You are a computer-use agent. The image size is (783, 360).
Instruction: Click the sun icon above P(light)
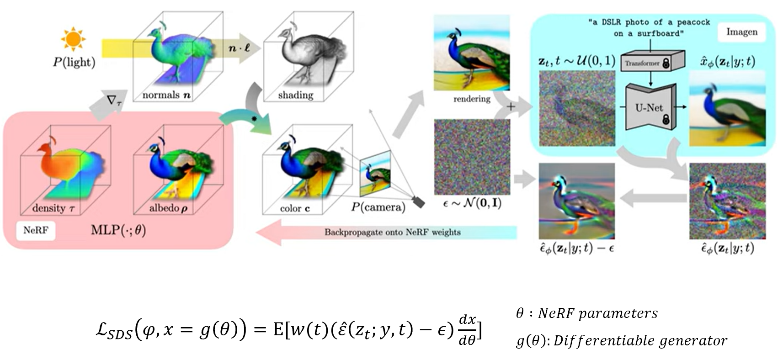click(73, 39)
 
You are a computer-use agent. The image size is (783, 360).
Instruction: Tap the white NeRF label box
click(36, 230)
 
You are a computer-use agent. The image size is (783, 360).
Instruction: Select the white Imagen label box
click(742, 32)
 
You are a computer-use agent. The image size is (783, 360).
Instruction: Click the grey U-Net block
click(649, 108)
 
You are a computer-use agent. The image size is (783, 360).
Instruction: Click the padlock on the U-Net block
click(666, 120)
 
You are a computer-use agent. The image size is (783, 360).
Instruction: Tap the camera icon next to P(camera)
click(418, 201)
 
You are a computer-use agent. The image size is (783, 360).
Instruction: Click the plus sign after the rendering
click(511, 107)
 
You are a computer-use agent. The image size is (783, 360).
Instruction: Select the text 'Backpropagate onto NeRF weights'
click(392, 232)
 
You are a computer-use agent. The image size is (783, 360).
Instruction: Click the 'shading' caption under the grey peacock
click(296, 95)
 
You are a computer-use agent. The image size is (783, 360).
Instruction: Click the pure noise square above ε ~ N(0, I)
click(472, 157)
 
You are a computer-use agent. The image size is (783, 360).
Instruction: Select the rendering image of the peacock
click(471, 53)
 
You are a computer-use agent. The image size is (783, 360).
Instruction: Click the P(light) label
click(74, 62)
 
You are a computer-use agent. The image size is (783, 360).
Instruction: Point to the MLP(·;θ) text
click(118, 230)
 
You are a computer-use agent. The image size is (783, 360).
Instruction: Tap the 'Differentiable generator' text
click(640, 341)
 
